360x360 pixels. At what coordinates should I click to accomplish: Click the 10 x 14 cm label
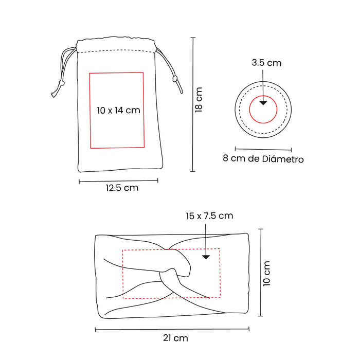[x=118, y=111]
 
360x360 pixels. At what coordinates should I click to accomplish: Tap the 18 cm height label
[x=199, y=100]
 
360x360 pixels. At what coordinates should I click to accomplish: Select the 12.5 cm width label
[x=122, y=188]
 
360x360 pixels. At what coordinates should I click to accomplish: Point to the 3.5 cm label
[x=266, y=63]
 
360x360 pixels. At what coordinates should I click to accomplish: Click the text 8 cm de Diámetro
[x=263, y=158]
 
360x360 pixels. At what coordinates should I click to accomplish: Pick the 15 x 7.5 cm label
[x=209, y=216]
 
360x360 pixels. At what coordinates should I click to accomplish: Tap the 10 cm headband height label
[x=266, y=274]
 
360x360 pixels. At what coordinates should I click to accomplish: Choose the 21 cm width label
[x=176, y=338]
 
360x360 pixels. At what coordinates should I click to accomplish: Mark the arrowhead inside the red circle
[x=263, y=103]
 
